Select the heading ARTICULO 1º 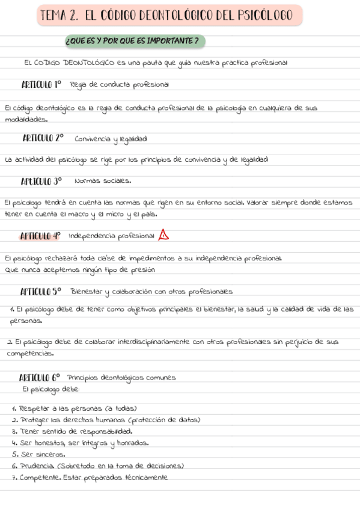click(x=41, y=84)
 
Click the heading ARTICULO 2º click(x=43, y=138)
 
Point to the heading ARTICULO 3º click(x=41, y=180)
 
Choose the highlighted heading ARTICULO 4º click(x=40, y=235)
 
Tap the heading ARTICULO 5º click(x=41, y=292)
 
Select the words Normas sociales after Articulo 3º click(x=103, y=181)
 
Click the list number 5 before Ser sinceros click(x=14, y=454)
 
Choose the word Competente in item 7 click(x=39, y=478)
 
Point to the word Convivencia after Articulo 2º click(x=93, y=139)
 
